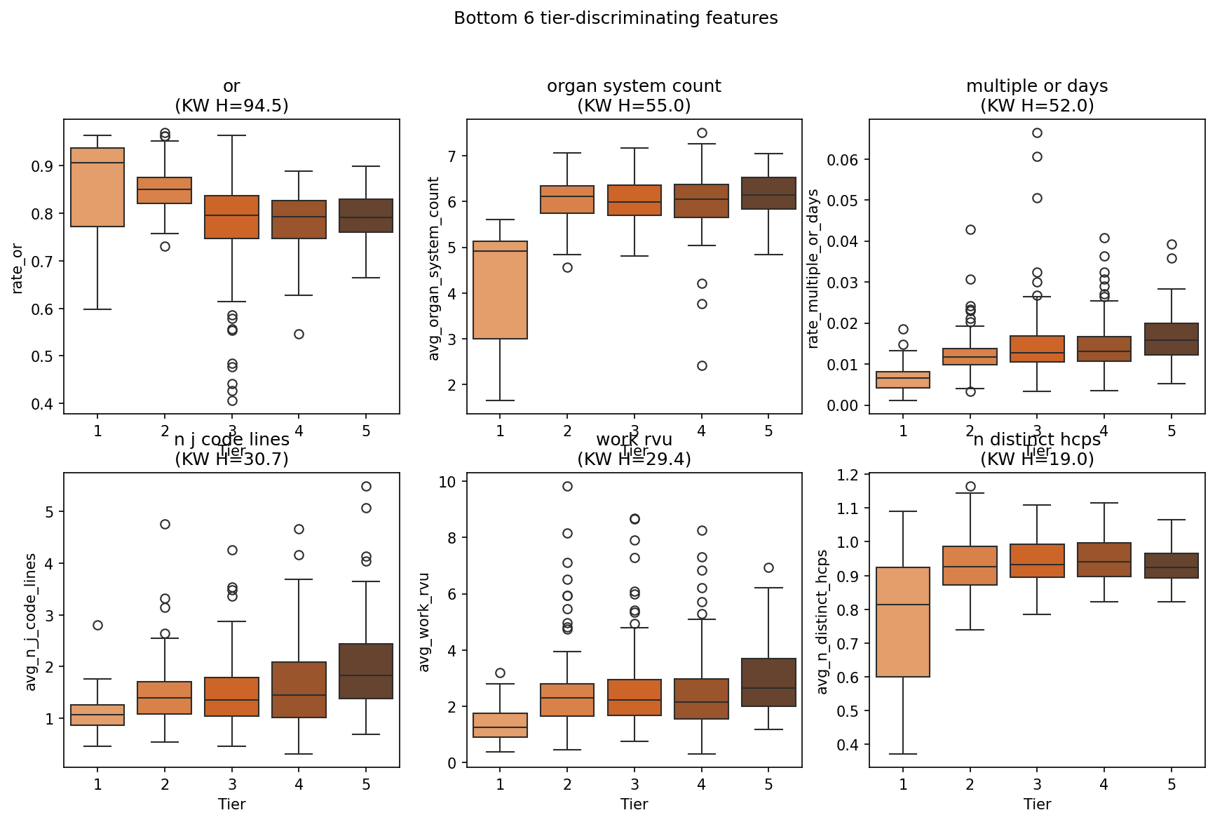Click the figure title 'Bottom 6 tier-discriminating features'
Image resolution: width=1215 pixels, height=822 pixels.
pos(616,18)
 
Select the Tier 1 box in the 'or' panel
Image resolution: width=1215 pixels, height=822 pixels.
pos(97,187)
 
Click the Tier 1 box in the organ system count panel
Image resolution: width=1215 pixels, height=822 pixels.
pos(500,290)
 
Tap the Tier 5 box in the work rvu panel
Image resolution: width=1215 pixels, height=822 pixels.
pos(768,682)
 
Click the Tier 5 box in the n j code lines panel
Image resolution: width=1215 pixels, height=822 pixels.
pos(366,671)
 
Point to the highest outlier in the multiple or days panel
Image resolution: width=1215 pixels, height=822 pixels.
pos(1037,133)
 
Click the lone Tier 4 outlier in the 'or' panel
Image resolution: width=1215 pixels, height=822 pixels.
pos(299,334)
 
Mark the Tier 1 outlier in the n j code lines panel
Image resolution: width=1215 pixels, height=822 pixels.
pos(97,625)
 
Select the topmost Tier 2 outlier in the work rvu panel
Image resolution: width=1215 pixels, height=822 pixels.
pos(567,486)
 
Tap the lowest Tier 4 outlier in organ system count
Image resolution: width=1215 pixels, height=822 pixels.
pos(702,365)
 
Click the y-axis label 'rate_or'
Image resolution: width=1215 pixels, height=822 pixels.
pos(18,268)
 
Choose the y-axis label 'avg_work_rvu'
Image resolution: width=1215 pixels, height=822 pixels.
pos(423,622)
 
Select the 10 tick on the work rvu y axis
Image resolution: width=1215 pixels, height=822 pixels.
pos(447,481)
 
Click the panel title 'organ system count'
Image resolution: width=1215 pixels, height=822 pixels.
pos(634,86)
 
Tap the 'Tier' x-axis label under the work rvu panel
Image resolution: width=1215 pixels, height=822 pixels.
pos(634,804)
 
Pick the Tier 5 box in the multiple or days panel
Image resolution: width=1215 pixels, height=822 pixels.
pos(1172,339)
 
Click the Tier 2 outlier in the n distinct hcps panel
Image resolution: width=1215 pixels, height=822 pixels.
pos(970,486)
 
